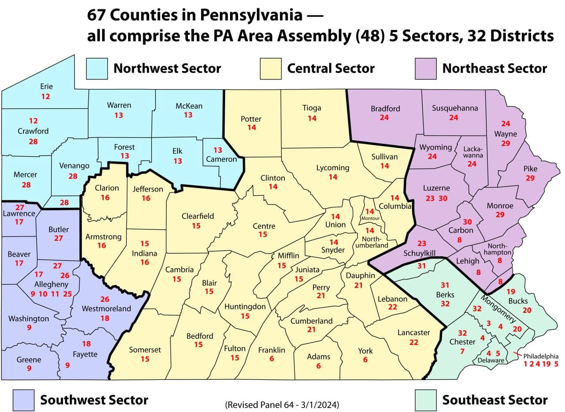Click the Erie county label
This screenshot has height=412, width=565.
[46, 86]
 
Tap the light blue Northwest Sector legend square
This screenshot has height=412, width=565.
[97, 68]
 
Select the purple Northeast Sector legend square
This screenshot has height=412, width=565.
[426, 68]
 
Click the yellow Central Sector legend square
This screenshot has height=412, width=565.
[271, 68]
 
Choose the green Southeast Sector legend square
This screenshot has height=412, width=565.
[426, 400]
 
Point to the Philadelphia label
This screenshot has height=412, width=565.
[541, 356]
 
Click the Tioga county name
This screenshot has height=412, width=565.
[312, 108]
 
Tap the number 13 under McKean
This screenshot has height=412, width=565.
[188, 115]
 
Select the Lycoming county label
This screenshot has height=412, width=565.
[332, 168]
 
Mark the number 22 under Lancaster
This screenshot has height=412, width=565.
[414, 343]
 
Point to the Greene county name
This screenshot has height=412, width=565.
[29, 360]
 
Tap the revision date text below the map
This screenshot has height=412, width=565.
[282, 405]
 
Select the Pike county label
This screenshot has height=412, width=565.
[530, 169]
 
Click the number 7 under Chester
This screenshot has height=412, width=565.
[462, 352]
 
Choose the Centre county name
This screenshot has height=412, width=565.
[264, 226]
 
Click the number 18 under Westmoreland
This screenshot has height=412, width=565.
[105, 318]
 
